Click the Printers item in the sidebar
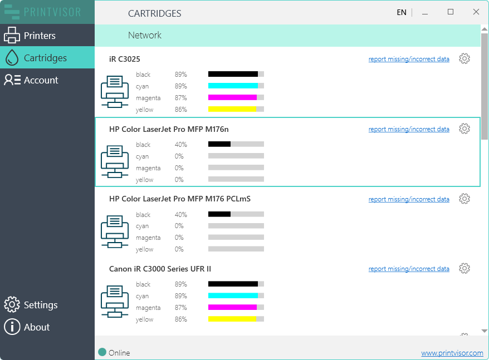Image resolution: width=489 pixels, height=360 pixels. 39,36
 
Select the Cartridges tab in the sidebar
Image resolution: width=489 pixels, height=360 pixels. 45,58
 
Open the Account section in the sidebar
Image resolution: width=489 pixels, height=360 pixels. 41,80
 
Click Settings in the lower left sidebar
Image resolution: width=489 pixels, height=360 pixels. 40,305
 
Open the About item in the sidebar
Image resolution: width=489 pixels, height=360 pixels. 36,327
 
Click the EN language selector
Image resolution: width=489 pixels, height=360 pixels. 401,12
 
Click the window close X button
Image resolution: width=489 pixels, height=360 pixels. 476,12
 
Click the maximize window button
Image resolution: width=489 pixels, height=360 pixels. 451,12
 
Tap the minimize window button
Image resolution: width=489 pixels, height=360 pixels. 425,12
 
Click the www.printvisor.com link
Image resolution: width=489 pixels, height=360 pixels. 452,353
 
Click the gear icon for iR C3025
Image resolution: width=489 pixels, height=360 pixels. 464,59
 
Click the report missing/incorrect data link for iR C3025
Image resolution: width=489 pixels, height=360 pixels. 409,59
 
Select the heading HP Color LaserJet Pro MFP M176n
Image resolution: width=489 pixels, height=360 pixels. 169,129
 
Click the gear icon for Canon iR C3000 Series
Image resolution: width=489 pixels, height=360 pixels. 464,268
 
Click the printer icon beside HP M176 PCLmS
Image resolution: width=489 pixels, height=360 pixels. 115,231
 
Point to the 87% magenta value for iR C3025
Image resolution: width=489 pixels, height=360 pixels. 180,98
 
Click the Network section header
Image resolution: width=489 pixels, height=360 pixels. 145,35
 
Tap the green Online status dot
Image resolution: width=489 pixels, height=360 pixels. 102,352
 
